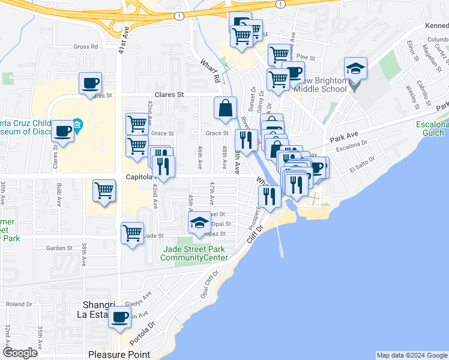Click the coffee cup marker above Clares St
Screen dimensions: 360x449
pos(90,83)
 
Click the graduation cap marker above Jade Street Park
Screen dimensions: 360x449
pos(199,223)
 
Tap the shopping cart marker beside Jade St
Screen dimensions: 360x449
pos(132,233)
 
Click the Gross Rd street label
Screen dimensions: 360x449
pos(85,47)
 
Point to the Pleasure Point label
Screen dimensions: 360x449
pos(119,355)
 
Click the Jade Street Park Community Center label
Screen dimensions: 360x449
pos(194,254)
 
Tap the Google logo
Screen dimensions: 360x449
pos(20,353)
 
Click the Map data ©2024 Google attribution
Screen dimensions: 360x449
pos(411,355)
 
